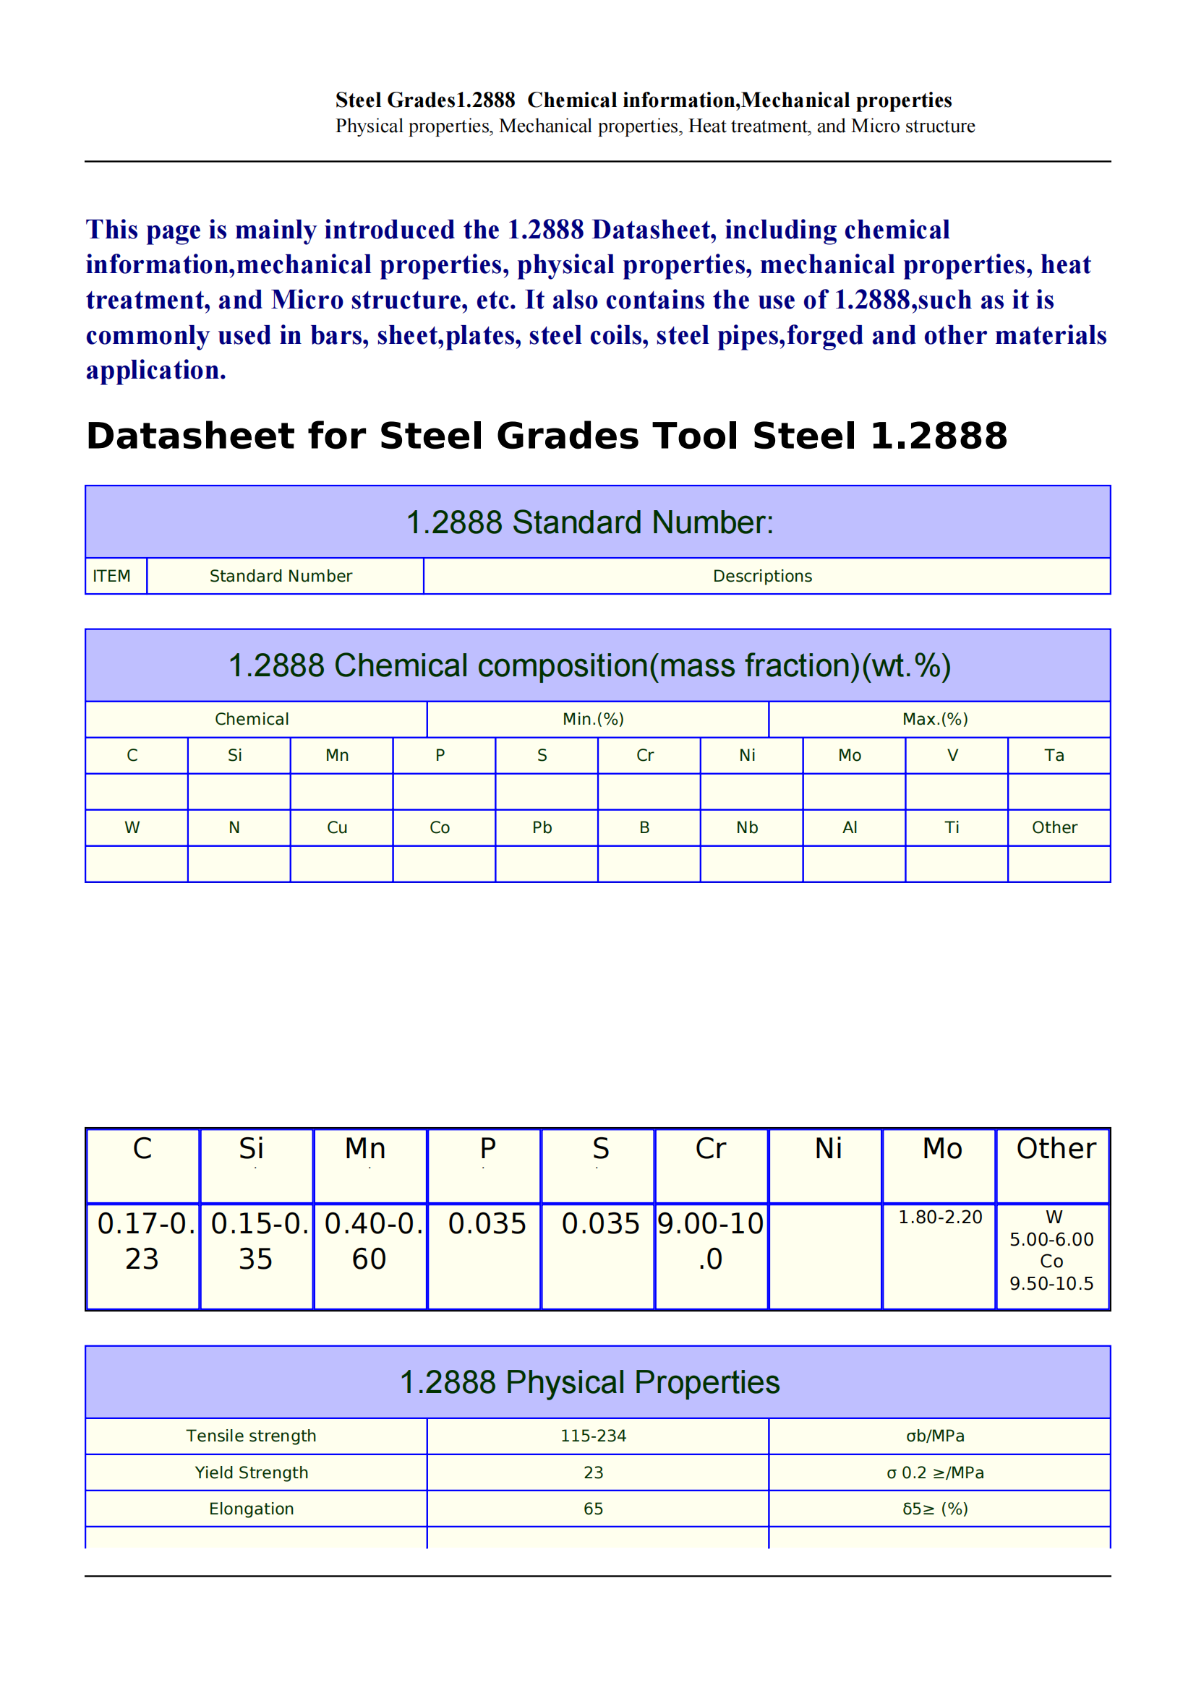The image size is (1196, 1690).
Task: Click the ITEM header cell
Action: (112, 576)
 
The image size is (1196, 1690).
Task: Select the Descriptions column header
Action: (762, 576)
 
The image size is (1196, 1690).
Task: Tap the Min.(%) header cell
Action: (593, 719)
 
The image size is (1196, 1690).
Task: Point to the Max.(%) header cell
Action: (934, 719)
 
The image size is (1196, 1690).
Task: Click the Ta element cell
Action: (1054, 755)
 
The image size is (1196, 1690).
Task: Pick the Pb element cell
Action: (542, 827)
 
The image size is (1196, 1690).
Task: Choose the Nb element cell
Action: (747, 827)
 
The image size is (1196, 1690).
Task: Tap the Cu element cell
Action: (337, 827)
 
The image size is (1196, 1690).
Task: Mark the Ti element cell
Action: (952, 827)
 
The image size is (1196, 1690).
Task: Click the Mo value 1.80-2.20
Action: (940, 1217)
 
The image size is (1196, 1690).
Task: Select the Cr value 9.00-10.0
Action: (711, 1241)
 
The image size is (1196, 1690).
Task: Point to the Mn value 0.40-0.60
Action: (370, 1241)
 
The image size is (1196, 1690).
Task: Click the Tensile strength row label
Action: (251, 1436)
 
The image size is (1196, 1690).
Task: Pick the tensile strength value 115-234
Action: (593, 1436)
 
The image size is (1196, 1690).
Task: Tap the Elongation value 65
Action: (593, 1508)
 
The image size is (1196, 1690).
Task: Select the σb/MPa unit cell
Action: (934, 1436)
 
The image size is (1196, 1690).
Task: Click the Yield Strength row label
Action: (251, 1472)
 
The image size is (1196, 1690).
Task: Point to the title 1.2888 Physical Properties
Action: (589, 1381)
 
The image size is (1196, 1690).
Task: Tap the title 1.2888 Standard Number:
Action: (589, 522)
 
